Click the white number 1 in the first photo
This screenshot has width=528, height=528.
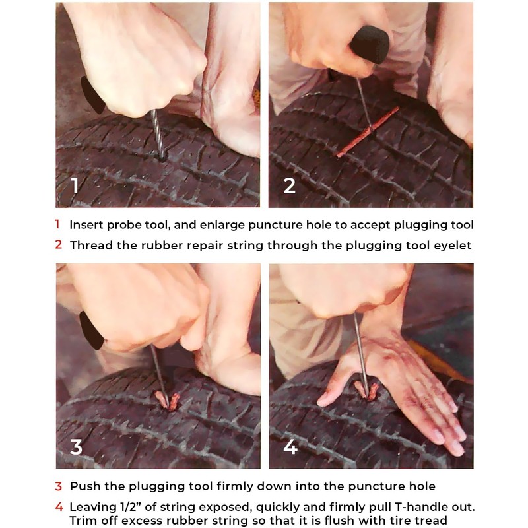[x=75, y=185]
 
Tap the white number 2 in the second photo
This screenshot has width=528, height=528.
[x=290, y=185]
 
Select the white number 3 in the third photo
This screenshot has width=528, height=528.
[x=77, y=446]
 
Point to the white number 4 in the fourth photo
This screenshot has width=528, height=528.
[x=290, y=447]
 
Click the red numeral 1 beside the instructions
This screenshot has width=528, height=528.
[x=57, y=224]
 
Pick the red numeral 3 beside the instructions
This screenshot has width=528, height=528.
[x=58, y=486]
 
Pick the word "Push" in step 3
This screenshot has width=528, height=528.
[x=84, y=486]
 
